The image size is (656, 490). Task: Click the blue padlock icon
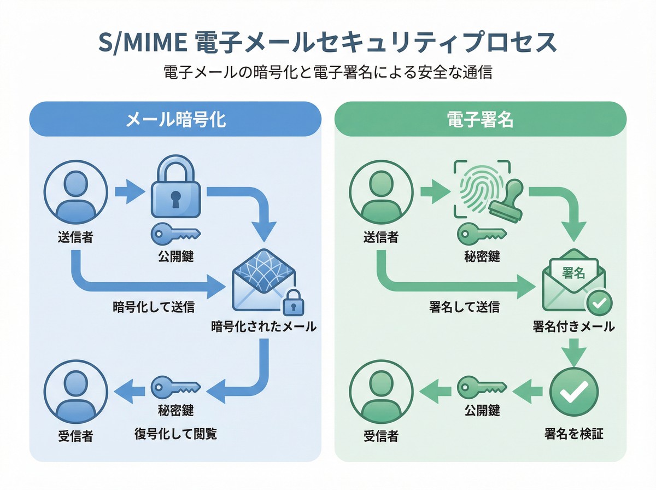[x=175, y=191]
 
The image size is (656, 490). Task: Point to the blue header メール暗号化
[x=175, y=120]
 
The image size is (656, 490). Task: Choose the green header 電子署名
[x=480, y=120]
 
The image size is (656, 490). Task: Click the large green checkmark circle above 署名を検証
[x=573, y=390]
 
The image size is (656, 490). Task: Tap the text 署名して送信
[x=464, y=307]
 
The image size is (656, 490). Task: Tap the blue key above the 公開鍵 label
[x=175, y=234]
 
